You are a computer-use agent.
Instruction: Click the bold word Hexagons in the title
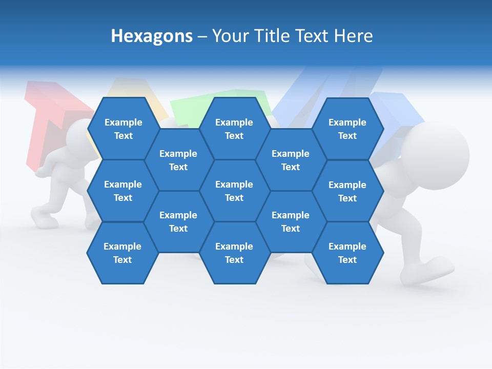(x=152, y=36)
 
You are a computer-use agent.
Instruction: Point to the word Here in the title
(x=353, y=36)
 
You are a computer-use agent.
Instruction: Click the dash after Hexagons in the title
(x=202, y=36)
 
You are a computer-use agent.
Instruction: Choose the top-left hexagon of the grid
(x=123, y=129)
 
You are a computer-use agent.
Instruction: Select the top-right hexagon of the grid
(x=347, y=129)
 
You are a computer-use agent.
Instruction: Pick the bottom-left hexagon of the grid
(x=122, y=253)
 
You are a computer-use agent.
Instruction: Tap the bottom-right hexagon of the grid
(x=347, y=253)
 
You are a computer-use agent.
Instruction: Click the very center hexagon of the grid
(x=234, y=191)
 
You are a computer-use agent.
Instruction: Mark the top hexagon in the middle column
(x=234, y=129)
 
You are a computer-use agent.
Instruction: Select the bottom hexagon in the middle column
(x=234, y=253)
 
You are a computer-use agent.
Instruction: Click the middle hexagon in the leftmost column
(x=123, y=191)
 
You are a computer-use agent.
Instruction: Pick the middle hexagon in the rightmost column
(x=347, y=191)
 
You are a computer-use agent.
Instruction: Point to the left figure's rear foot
(x=44, y=215)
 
